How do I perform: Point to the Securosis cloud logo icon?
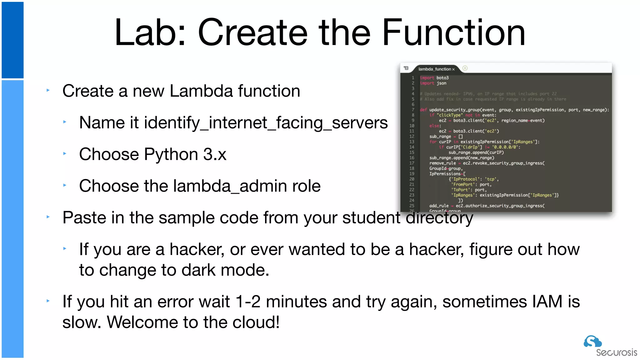(592, 342)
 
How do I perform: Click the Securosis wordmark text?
(616, 353)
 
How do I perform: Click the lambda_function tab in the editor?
(435, 69)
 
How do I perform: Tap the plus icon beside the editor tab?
(465, 68)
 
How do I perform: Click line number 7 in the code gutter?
(413, 110)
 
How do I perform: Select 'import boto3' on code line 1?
(434, 78)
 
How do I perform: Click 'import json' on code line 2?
(433, 83)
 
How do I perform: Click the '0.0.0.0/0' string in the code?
(505, 147)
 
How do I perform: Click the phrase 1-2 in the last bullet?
(248, 302)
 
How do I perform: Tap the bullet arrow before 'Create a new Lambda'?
(48, 91)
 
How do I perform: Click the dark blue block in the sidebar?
(12, 40)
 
